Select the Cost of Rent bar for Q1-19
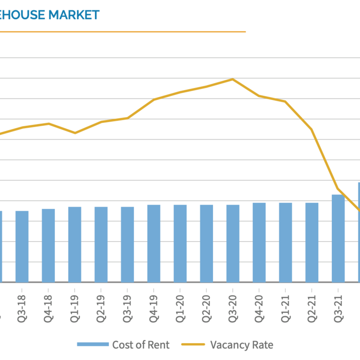pos(75,245)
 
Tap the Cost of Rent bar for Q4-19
pos(153,244)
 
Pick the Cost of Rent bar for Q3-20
pos(233,244)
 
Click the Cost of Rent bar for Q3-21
pos(338,238)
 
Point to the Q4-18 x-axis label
pos(48,306)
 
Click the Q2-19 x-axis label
pos(100,306)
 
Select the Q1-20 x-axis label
pos(180,306)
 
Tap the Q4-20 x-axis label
pos(259,306)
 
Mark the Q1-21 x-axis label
pos(285,306)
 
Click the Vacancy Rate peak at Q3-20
pos(233,79)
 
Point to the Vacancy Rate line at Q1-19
pos(75,133)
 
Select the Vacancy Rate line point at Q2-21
pos(311,129)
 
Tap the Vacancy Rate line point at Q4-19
pos(153,100)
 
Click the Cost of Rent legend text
pos(141,345)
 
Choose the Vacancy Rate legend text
pos(241,345)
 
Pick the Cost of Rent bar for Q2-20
pos(206,244)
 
